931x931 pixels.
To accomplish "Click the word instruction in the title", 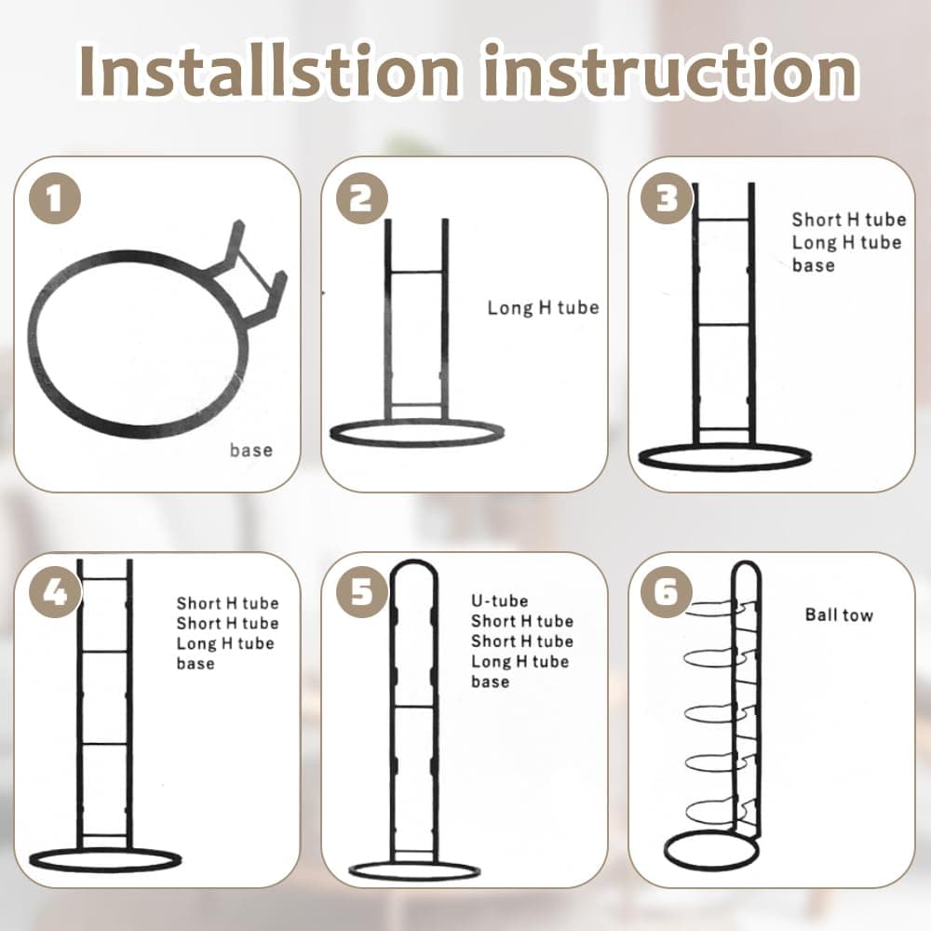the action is point(670,71).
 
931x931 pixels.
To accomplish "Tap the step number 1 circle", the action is point(55,198).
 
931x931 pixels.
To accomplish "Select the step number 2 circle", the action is point(361,198).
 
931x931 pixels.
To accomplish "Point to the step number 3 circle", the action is point(667,198).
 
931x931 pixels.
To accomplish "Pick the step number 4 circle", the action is point(55,592).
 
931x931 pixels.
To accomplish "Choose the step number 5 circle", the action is point(361,592).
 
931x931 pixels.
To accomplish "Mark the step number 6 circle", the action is point(667,592).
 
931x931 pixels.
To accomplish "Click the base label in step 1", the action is point(251,450).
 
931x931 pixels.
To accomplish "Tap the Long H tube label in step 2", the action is point(544,307).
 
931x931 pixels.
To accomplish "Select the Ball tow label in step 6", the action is point(839,614).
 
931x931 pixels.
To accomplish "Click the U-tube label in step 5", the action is point(500,600).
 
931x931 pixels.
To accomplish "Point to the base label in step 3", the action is point(814,264).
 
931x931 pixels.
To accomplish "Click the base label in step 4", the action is point(196,663).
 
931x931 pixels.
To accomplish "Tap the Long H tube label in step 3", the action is point(846,242).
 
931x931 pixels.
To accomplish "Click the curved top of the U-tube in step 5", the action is point(414,562).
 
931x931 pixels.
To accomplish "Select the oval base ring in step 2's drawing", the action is point(417,423).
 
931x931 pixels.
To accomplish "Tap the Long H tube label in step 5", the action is point(520,661).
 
